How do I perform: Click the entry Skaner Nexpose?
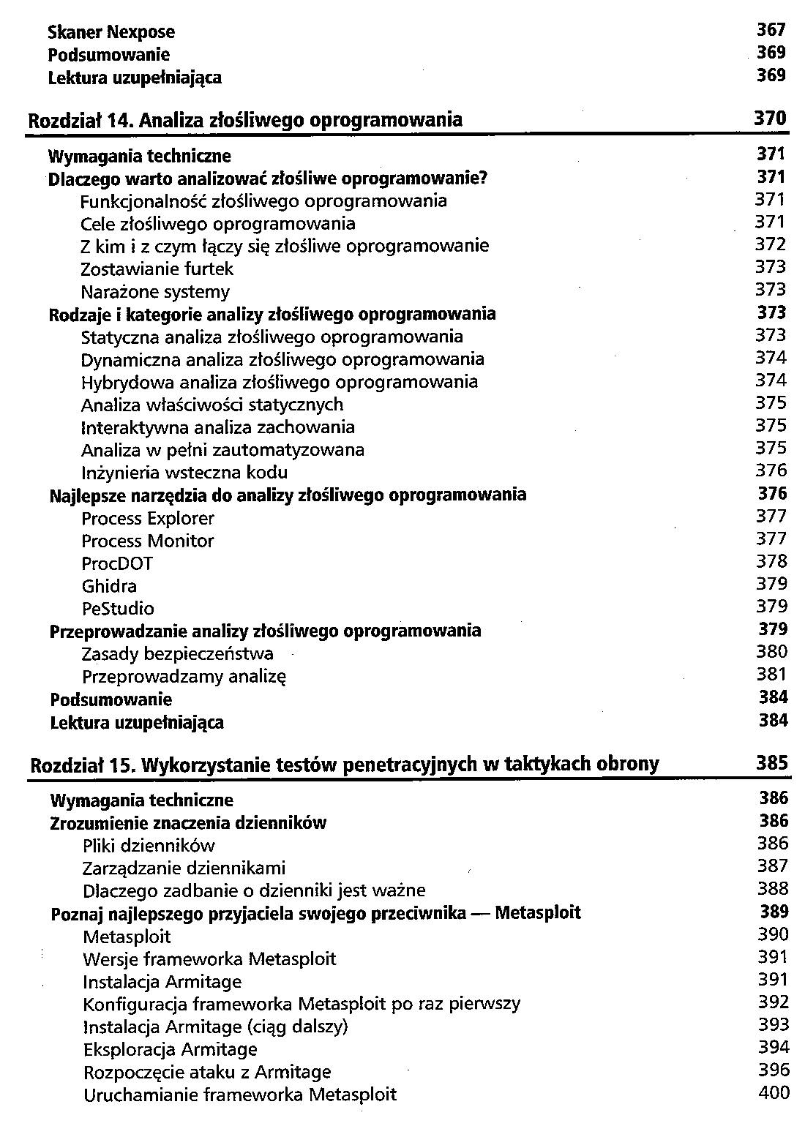click(111, 32)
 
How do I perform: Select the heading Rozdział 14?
click(244, 119)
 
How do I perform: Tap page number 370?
click(770, 119)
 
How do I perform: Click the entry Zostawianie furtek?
click(157, 269)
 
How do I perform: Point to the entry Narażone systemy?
click(155, 292)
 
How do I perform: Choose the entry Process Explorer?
click(148, 519)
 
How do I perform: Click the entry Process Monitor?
click(148, 541)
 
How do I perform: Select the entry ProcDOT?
click(117, 564)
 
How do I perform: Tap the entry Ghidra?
click(109, 587)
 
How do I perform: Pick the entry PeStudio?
click(118, 609)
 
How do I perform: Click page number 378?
click(771, 562)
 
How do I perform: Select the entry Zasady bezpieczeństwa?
click(178, 654)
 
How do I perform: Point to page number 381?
click(771, 675)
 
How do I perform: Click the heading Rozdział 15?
click(344, 765)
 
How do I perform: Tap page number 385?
click(772, 763)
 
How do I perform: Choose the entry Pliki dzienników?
click(149, 847)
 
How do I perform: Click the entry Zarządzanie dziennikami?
click(184, 868)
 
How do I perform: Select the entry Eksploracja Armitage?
click(171, 1050)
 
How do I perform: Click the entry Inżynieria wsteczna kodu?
click(184, 473)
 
